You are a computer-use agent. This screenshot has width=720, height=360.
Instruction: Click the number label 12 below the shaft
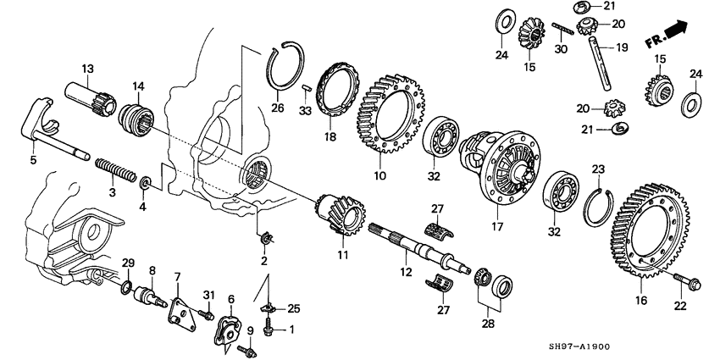tap(406, 271)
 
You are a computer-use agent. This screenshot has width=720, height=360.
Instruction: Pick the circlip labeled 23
tap(599, 207)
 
